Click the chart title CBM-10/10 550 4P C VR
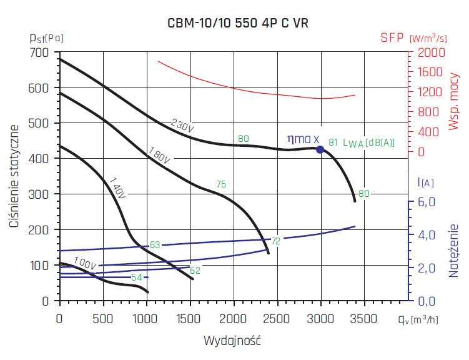click(238, 22)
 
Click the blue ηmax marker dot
click(320, 149)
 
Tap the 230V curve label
click(183, 126)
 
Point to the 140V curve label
click(117, 187)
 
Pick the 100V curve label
click(84, 263)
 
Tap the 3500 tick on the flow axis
click(363, 319)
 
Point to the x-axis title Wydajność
click(232, 341)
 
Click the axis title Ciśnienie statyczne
click(14, 176)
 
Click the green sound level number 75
click(221, 184)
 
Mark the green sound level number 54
click(137, 277)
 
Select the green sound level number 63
click(155, 245)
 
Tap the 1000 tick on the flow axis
click(146, 319)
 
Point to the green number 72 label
click(275, 240)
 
